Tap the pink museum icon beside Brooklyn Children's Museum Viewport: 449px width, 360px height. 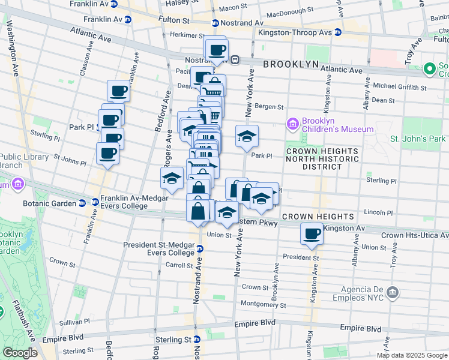pyautogui.click(x=292, y=124)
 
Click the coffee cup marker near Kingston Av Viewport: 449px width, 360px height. pyautogui.click(x=312, y=234)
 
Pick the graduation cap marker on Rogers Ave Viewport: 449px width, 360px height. pyautogui.click(x=172, y=178)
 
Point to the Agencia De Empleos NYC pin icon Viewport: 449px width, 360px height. pyautogui.click(x=393, y=293)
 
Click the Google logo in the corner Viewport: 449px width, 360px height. pyautogui.click(x=20, y=353)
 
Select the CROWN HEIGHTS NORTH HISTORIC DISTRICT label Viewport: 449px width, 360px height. pyautogui.click(x=322, y=155)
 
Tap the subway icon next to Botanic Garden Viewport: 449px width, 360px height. pyautogui.click(x=95, y=203)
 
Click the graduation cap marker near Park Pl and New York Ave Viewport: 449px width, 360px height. pyautogui.click(x=247, y=137)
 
